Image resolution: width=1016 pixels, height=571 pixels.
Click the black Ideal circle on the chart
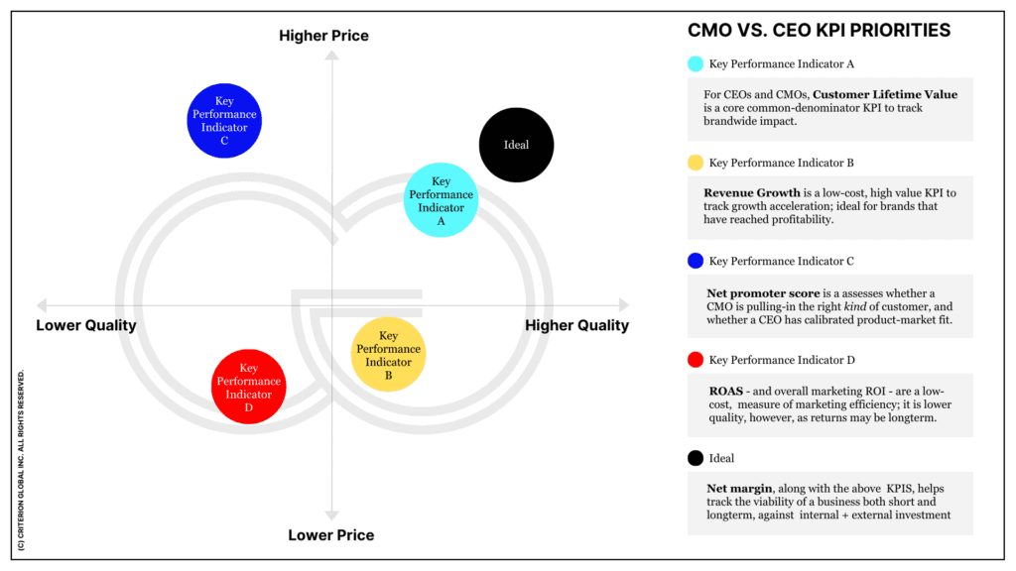516,145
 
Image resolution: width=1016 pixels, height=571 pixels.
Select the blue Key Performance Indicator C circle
224,121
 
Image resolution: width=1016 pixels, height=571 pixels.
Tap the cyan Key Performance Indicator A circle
441,199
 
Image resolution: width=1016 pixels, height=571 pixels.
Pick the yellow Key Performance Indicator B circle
388,355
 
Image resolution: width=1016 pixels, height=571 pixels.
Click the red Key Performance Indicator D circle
248,387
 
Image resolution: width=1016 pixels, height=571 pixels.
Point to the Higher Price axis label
323,36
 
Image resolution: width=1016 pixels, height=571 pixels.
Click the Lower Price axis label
331,535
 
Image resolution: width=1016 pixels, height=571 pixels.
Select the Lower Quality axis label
86,325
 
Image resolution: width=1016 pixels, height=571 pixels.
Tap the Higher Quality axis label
576,325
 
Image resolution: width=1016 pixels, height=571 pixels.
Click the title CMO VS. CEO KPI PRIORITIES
819,31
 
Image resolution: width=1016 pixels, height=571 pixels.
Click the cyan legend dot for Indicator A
696,64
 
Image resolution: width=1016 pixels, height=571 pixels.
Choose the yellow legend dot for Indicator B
696,163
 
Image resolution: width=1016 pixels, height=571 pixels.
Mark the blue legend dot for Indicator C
696,262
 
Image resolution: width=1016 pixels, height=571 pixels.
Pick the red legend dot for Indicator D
696,360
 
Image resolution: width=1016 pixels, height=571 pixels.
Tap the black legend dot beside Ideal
696,459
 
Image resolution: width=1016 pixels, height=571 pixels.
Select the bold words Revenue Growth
752,193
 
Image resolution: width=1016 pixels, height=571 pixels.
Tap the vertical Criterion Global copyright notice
22,461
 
